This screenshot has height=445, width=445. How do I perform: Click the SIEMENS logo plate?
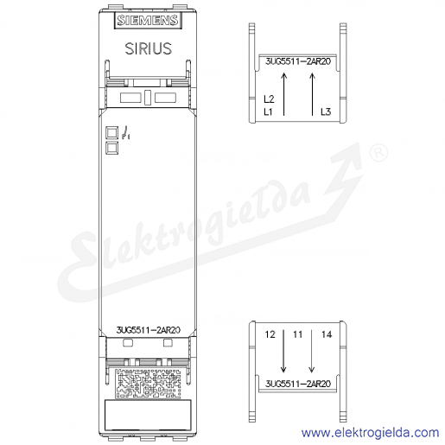(148, 20)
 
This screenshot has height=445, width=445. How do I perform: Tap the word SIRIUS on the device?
(149, 48)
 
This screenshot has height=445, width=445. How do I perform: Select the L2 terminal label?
(269, 99)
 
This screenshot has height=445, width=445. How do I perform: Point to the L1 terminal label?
(268, 111)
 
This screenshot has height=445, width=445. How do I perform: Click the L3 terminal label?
(326, 111)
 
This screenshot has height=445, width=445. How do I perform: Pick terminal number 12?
(270, 334)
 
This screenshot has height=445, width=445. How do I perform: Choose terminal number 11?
(298, 334)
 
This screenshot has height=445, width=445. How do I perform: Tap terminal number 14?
(327, 334)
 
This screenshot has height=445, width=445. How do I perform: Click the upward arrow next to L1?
(284, 94)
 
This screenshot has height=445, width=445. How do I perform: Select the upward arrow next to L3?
(312, 94)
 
